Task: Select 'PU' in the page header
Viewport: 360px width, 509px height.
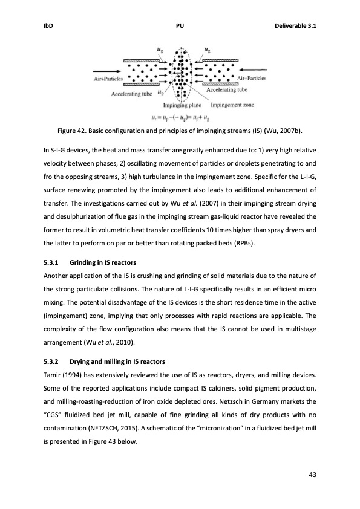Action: click(x=180, y=26)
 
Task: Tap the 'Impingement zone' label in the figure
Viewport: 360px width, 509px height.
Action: click(x=228, y=105)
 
